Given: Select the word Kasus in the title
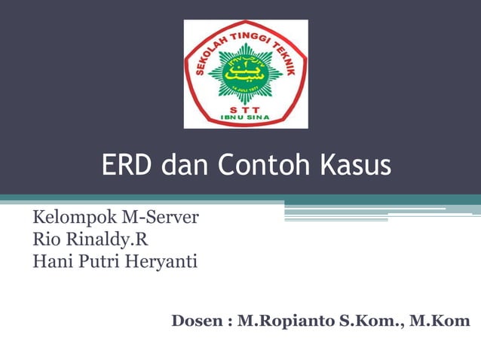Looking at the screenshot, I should pos(355,166).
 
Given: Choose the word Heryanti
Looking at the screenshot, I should pos(160,262).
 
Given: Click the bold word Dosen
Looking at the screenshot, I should pos(197,322).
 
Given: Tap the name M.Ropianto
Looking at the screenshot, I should pos(282,322).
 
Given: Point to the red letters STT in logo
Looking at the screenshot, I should pos(246,107).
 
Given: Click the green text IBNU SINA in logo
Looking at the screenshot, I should pos(246,117).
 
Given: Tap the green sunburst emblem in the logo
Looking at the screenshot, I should pos(246,74).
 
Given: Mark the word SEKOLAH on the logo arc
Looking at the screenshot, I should pos(211,53).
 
